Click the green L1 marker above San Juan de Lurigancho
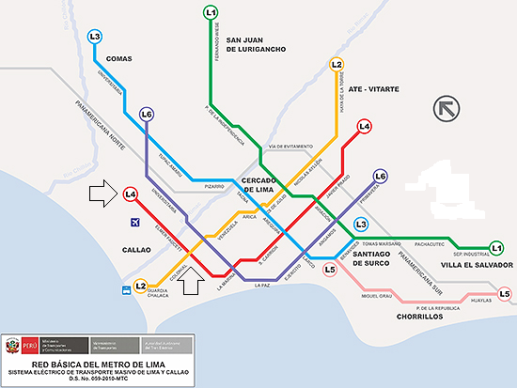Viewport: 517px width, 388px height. tap(211, 13)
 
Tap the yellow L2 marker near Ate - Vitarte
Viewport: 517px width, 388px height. tap(337, 65)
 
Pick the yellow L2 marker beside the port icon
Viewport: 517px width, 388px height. tap(140, 286)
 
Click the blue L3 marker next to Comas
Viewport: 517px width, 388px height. tap(94, 37)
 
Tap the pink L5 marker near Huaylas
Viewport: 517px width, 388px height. tap(505, 295)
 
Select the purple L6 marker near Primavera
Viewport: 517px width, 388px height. tap(381, 176)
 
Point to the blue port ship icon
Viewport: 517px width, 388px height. tap(124, 287)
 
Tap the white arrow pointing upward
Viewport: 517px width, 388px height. tap(191, 280)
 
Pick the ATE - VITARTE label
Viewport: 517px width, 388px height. tap(373, 89)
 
